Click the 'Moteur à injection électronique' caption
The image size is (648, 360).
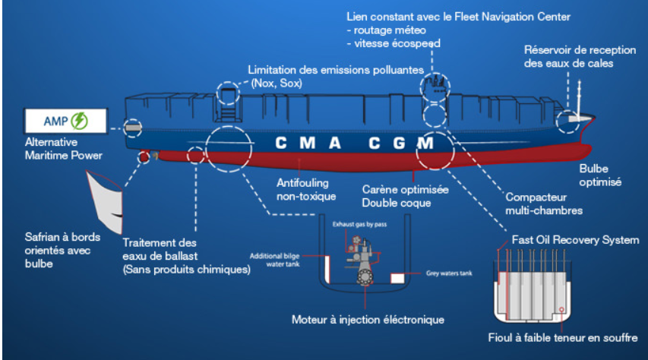[x=368, y=319]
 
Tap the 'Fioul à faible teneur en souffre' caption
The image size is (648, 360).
[x=563, y=337]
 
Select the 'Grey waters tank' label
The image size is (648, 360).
[x=449, y=272]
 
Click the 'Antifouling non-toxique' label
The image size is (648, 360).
[x=306, y=191]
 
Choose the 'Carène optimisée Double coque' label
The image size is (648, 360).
[x=405, y=196]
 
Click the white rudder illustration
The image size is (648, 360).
[x=106, y=200]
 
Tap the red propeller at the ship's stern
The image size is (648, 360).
[x=142, y=156]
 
